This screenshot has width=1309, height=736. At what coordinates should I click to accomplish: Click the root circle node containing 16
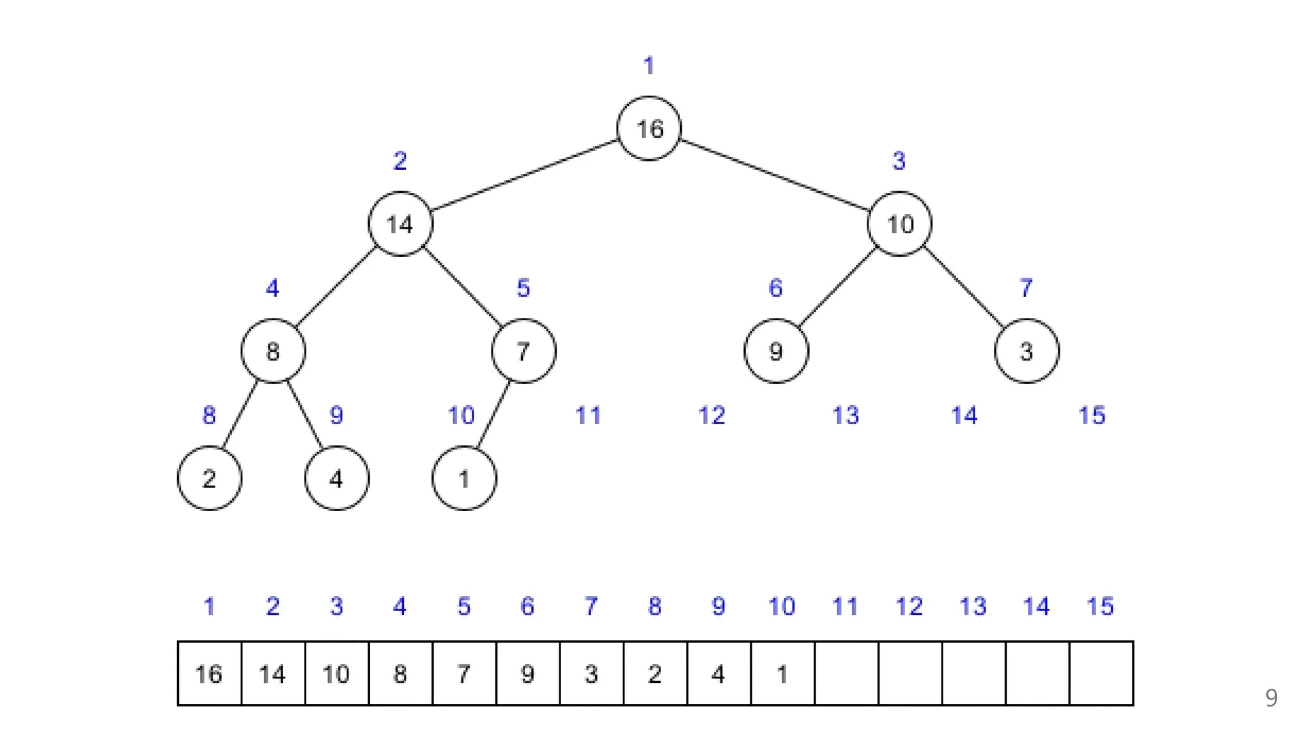coord(649,128)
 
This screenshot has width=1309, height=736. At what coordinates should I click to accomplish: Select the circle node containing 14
coord(400,224)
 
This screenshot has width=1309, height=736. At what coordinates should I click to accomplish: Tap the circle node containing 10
coord(899,224)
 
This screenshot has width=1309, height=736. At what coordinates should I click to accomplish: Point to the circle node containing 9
coord(776,351)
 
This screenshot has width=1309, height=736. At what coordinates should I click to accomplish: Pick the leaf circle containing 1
coord(464,478)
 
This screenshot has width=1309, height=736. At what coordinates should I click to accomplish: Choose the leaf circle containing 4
coord(337,478)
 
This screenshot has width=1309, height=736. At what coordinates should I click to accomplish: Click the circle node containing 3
coord(1026,351)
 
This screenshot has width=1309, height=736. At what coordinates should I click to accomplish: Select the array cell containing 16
coord(210,673)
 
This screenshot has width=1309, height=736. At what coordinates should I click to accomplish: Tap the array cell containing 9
coord(528,673)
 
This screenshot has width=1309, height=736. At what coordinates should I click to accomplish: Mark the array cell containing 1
coord(782,673)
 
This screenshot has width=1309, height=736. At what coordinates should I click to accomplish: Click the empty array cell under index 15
coord(1101,673)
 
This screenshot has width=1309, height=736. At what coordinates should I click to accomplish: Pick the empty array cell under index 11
coord(846,673)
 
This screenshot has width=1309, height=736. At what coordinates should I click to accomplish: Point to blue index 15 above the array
coord(1100,606)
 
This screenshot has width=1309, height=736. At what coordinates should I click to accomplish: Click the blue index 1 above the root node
coord(649,66)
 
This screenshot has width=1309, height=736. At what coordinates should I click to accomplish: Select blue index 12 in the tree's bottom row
coord(711,416)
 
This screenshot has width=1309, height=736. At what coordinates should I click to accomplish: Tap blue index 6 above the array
coord(527,606)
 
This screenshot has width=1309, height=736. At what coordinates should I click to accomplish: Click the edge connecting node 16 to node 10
coord(775,176)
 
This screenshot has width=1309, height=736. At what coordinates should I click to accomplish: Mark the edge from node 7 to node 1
coord(494,414)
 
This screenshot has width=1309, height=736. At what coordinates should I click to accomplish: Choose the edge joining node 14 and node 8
coord(336,286)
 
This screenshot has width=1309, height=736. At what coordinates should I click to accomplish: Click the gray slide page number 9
coord(1271,698)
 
